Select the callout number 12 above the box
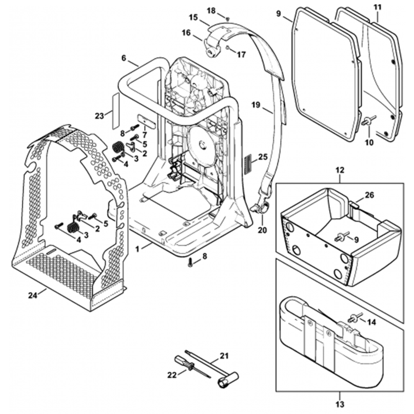tap(340, 170)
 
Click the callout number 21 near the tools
tap(224, 355)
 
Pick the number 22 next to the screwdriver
tap(172, 375)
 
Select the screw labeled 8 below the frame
tap(190, 262)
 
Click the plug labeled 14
tap(353, 318)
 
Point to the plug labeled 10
tap(367, 121)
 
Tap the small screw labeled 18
tap(227, 18)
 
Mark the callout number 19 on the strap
tap(256, 105)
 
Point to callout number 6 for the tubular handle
tap(123, 58)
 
